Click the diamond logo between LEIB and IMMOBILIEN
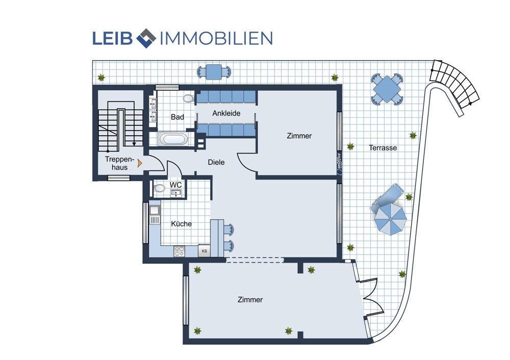pos(146,38)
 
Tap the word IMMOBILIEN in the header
pos(216,38)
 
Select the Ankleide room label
pos(226,113)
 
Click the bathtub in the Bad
pos(173,139)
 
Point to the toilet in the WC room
pos(159,188)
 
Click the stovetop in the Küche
pos(179,251)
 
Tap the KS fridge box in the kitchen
pos(205,251)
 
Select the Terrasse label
pos(383,148)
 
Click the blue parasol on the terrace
pos(390,219)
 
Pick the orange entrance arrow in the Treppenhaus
pos(140,163)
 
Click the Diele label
pos(216,162)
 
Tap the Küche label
pos(181,224)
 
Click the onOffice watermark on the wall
pos(339,164)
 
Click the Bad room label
pos(177,117)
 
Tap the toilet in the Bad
pos(188,98)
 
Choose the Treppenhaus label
pos(120,163)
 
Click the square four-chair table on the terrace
pos(387,89)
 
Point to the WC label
pos(175,185)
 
